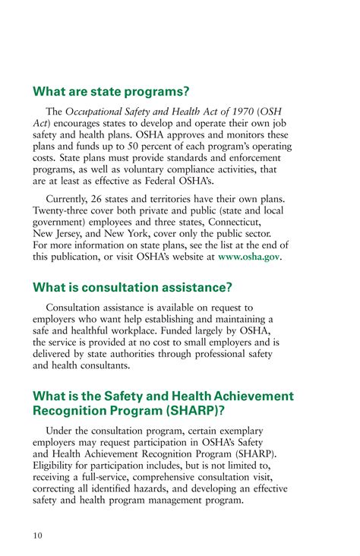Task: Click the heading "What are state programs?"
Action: coord(111,92)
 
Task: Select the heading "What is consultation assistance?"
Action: coord(133,287)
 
